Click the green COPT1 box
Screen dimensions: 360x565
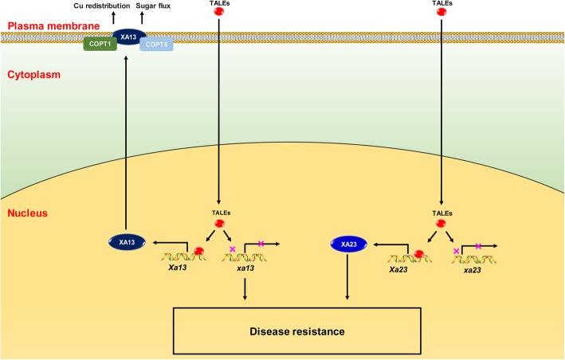[x=101, y=45]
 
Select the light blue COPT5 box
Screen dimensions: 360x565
[x=156, y=45]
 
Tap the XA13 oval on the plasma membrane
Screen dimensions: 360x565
[x=128, y=35]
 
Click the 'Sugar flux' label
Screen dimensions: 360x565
[x=155, y=6]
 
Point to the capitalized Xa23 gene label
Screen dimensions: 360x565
[x=399, y=270]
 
